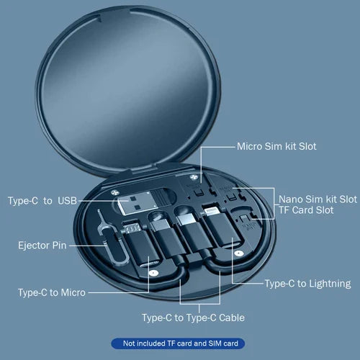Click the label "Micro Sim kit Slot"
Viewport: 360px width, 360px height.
click(276, 146)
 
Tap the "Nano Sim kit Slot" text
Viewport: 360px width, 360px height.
click(318, 198)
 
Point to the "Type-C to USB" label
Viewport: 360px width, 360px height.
click(42, 199)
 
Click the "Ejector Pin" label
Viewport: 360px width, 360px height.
click(42, 246)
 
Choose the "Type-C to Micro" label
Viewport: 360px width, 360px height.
click(51, 292)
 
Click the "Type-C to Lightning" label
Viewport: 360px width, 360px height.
click(307, 283)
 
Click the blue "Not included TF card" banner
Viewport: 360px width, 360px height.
click(180, 343)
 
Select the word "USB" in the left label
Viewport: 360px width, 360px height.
click(66, 199)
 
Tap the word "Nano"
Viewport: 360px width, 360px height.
click(292, 198)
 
